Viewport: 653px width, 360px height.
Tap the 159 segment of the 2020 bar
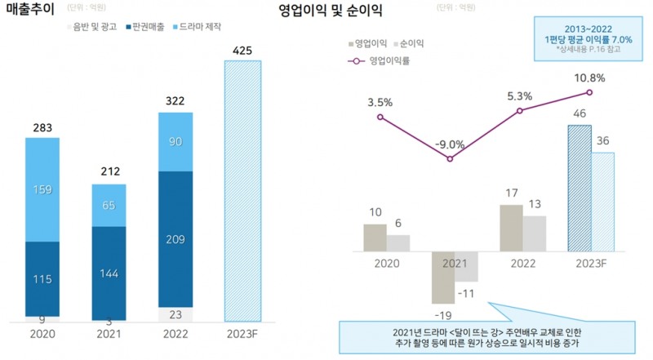[x=42, y=189]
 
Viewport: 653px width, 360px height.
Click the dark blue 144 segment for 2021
[x=109, y=273]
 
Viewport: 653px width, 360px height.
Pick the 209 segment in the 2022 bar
[x=176, y=239]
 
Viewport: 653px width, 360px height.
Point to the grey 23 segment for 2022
[x=176, y=313]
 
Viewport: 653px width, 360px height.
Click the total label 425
[x=242, y=51]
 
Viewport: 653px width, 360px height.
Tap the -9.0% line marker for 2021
[x=450, y=158]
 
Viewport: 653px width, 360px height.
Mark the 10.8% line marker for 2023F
[x=589, y=92]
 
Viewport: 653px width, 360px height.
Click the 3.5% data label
[x=380, y=103]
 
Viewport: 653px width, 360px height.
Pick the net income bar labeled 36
[x=602, y=202]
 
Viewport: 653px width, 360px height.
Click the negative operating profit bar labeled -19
[x=443, y=278]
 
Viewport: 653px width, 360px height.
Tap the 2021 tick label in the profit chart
[x=454, y=264]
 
